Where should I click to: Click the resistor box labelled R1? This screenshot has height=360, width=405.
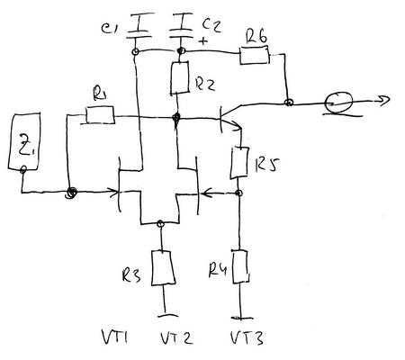tap(100, 115)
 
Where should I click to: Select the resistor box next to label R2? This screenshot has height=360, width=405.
tap(180, 78)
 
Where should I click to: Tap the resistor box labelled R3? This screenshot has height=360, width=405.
tap(163, 268)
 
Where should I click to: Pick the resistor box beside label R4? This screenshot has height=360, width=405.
tap(240, 266)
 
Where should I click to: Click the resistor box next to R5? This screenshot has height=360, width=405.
tap(239, 163)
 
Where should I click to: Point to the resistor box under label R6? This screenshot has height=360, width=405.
tap(255, 55)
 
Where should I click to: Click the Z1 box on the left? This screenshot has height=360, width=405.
tap(24, 141)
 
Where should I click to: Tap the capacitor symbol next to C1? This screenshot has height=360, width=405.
tap(139, 26)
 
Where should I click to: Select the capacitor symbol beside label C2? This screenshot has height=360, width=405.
tap(181, 26)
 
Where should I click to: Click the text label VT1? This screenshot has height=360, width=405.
tap(115, 337)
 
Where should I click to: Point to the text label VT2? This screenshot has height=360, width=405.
tap(176, 337)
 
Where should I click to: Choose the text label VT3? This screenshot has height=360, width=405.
tap(247, 337)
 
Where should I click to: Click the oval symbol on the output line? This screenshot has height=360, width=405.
tap(338, 102)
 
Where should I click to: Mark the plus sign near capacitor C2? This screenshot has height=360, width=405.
tap(203, 40)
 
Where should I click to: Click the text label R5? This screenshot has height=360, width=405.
tap(266, 164)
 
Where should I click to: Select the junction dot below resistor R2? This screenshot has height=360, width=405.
tap(176, 117)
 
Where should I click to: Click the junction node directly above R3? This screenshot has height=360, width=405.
tap(160, 223)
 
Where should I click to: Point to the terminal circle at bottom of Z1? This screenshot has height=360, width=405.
tap(23, 169)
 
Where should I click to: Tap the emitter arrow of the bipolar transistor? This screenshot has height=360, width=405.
tap(237, 127)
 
